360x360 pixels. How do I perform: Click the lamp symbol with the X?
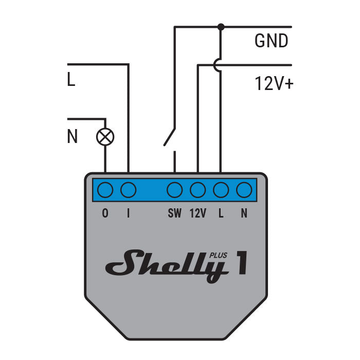[105, 137]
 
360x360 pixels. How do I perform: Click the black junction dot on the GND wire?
[221, 27]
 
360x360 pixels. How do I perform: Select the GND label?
[271, 41]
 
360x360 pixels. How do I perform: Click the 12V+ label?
[274, 83]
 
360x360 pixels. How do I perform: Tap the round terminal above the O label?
[105, 190]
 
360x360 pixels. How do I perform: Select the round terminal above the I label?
[128, 190]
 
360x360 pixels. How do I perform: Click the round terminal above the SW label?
[175, 190]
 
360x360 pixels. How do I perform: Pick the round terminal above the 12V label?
[198, 190]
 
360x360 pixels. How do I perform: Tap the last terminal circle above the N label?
[244, 190]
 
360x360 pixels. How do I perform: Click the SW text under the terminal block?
[175, 213]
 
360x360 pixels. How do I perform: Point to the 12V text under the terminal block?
[198, 213]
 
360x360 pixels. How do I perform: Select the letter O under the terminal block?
[105, 213]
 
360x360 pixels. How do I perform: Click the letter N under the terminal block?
[244, 213]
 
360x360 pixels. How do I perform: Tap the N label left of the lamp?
[73, 137]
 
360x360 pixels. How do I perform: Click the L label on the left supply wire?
[71, 80]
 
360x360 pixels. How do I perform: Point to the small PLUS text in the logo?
[218, 254]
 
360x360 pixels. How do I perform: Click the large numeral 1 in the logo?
[240, 263]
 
